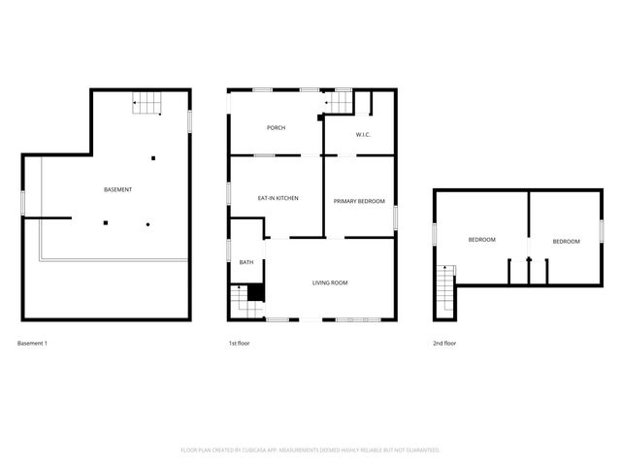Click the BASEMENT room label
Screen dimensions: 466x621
[117, 189]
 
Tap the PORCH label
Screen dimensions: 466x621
[276, 128]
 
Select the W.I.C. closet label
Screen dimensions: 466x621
[363, 135]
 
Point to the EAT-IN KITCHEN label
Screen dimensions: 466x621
[277, 198]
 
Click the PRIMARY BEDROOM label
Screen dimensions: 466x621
[359, 201]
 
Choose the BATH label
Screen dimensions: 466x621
[246, 262]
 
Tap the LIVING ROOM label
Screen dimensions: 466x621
[330, 283]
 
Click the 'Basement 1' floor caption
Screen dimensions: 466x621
[32, 344]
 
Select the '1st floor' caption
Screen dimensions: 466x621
[239, 344]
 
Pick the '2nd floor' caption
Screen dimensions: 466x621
[444, 344]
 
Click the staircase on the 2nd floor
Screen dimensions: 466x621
[445, 290]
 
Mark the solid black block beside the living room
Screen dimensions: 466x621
[256, 292]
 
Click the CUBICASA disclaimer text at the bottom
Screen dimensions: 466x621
[310, 450]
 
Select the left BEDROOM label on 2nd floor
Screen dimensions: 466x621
[482, 240]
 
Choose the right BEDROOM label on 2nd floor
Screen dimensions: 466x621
[567, 241]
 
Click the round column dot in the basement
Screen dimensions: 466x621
[147, 224]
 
